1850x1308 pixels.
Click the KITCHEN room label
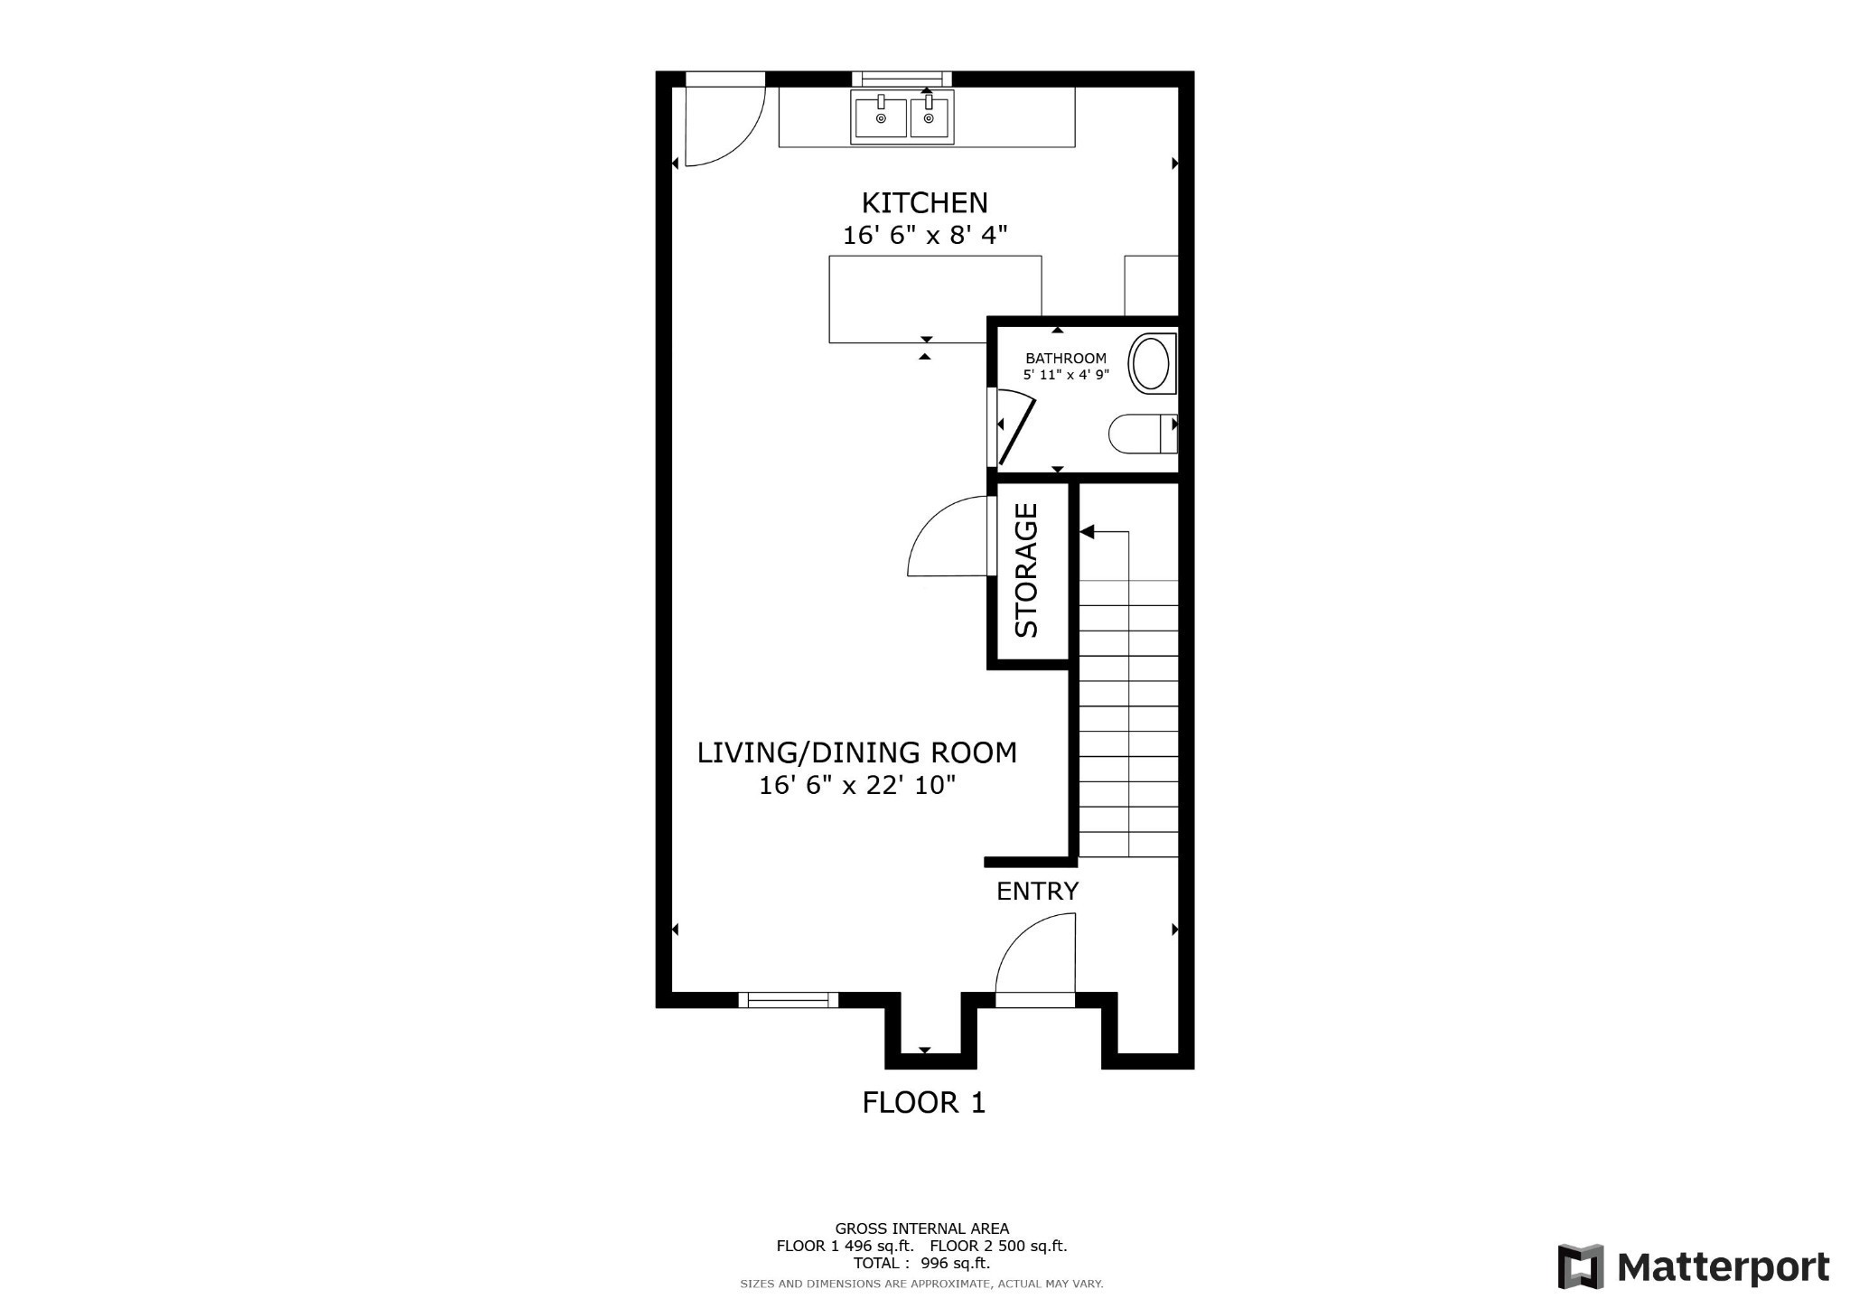(924, 202)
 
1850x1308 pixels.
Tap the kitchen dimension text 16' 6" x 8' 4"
(924, 236)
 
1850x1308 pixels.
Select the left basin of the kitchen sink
(881, 118)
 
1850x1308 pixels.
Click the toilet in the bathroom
(1140, 434)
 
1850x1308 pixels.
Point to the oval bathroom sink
(1151, 363)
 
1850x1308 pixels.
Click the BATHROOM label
(1065, 358)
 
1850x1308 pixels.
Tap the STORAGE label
(1027, 571)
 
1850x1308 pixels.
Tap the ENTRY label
(1037, 892)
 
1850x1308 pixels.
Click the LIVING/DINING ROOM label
(856, 752)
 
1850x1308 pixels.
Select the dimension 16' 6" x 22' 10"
(856, 786)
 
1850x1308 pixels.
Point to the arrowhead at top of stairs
(1088, 532)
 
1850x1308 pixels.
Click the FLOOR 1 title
(923, 1103)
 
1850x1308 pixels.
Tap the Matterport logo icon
(1580, 1266)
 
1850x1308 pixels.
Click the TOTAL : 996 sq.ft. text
(921, 1264)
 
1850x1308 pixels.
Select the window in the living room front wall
(789, 999)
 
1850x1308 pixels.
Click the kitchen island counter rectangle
(935, 298)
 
